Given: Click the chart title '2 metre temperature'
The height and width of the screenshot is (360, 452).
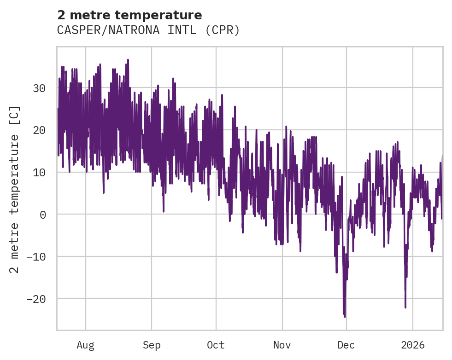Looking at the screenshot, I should coord(129,15).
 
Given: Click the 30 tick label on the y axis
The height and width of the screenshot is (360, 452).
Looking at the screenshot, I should coord(40,88).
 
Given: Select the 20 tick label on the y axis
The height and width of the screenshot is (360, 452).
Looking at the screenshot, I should coord(40,130).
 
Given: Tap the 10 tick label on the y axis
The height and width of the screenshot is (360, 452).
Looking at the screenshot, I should coord(40,172).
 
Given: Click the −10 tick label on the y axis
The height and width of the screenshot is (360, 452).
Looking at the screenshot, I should coord(37,256).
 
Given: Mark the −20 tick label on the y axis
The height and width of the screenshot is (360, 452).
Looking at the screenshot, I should coord(37,299).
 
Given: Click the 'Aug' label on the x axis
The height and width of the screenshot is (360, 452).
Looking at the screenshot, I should coord(85,345).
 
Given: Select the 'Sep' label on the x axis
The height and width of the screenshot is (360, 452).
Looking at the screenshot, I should coord(152,345).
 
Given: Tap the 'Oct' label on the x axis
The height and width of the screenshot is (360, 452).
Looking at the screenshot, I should coord(216,345).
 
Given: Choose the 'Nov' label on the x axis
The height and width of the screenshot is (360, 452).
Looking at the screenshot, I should coord(282,345).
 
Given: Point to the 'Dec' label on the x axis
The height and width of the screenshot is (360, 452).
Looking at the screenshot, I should coord(346,345).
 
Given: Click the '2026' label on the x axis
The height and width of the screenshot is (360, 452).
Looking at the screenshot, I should coord(413,345).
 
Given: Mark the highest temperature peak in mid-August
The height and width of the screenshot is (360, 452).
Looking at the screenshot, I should coord(128,60).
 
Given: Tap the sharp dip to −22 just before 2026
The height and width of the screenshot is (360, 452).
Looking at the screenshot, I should coord(405,307).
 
